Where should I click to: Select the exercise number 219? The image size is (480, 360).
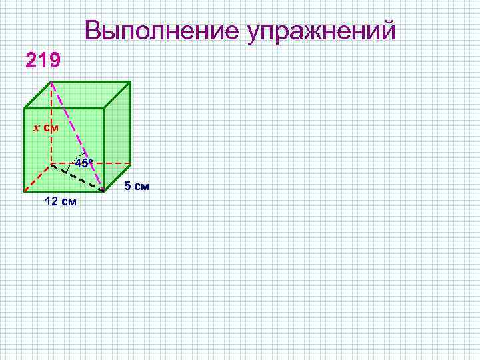[43, 61]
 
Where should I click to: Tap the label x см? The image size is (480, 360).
[46, 127]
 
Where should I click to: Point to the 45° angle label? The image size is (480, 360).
[83, 163]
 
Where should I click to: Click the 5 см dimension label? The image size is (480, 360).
[136, 186]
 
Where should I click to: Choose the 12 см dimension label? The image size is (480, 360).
[60, 202]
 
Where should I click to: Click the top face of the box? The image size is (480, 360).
[77, 95]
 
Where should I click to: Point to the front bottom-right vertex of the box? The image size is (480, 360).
[104, 191]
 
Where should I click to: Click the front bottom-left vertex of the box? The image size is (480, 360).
[25, 191]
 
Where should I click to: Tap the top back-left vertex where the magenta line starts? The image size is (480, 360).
[51, 82]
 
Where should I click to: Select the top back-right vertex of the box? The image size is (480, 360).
[130, 82]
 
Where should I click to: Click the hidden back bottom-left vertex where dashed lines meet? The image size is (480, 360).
[51, 163]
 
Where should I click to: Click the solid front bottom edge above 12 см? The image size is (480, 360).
[64, 191]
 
